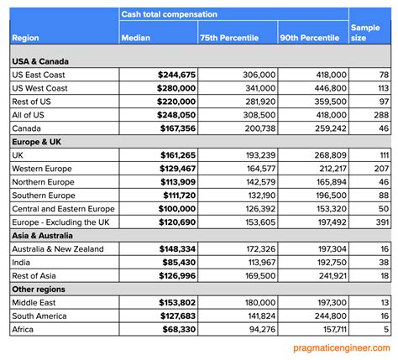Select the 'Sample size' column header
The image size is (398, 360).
pyautogui.click(x=365, y=33)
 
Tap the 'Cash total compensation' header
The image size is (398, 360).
pyautogui.click(x=169, y=14)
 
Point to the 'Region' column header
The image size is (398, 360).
pyautogui.click(x=27, y=38)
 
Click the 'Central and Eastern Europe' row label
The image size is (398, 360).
pyautogui.click(x=64, y=208)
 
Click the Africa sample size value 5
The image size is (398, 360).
pyautogui.click(x=386, y=328)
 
